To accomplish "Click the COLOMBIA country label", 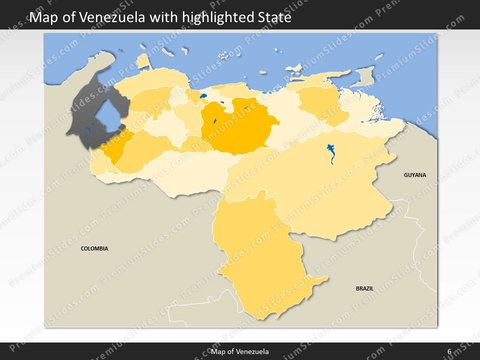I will coord(94,248).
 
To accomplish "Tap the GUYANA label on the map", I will coord(415,175).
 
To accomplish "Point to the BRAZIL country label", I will coord(364,288).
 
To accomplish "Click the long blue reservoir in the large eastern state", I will coord(331,153).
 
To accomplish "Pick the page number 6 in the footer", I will coord(449,351).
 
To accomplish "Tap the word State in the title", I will coord(274,18).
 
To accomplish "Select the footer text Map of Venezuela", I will coord(240,351).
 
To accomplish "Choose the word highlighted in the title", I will coord(218,18).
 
